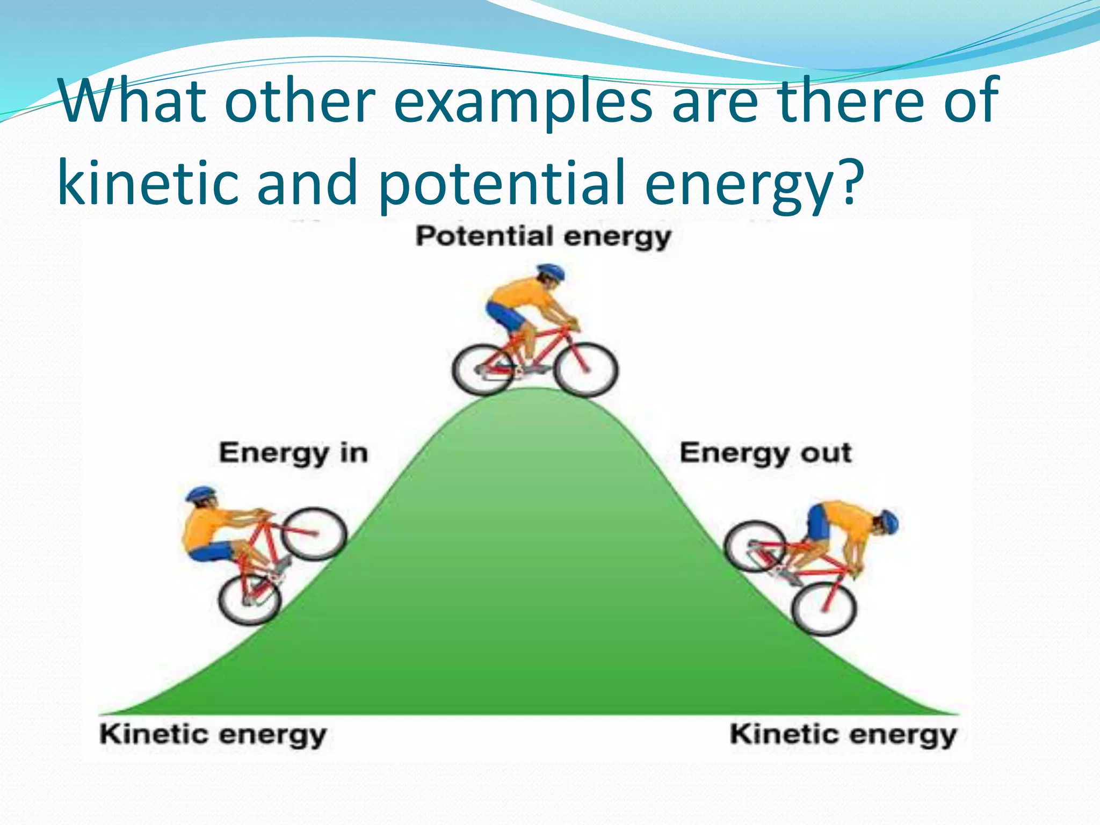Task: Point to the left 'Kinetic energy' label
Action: coord(213,735)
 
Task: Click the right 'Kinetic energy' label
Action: coord(843,735)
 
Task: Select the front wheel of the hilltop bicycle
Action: coord(586,370)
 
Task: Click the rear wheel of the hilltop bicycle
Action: coord(483,370)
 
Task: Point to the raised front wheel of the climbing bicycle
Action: coord(315,534)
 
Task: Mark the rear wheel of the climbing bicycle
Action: coord(250,600)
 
